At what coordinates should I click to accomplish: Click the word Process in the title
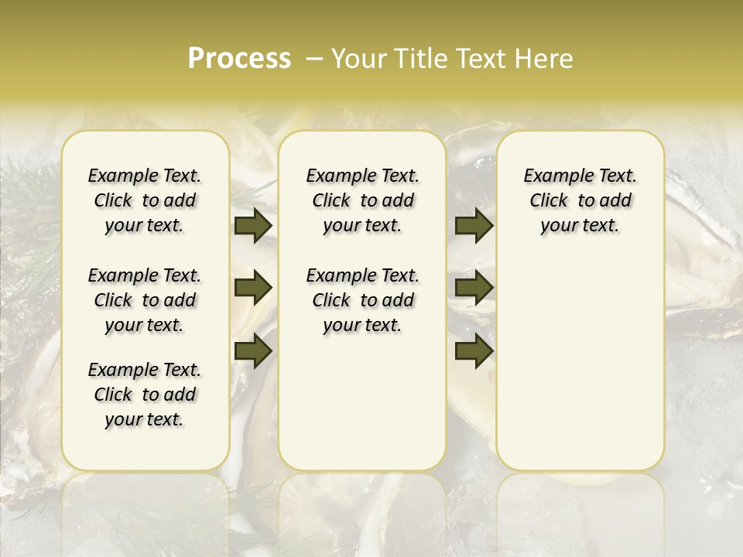[239, 59]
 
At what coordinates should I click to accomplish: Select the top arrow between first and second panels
[253, 226]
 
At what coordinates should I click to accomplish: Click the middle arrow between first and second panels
[253, 288]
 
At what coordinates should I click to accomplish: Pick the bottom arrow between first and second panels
[253, 350]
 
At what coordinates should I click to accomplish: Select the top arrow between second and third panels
[474, 226]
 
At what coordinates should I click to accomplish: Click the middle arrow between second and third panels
[474, 288]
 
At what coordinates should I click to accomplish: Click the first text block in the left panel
[145, 200]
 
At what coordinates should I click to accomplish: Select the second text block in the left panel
[145, 300]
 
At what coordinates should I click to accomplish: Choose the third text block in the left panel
[145, 395]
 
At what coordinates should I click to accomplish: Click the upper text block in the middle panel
[362, 200]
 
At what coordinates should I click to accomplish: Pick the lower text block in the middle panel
[362, 300]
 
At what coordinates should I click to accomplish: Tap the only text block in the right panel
[580, 200]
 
